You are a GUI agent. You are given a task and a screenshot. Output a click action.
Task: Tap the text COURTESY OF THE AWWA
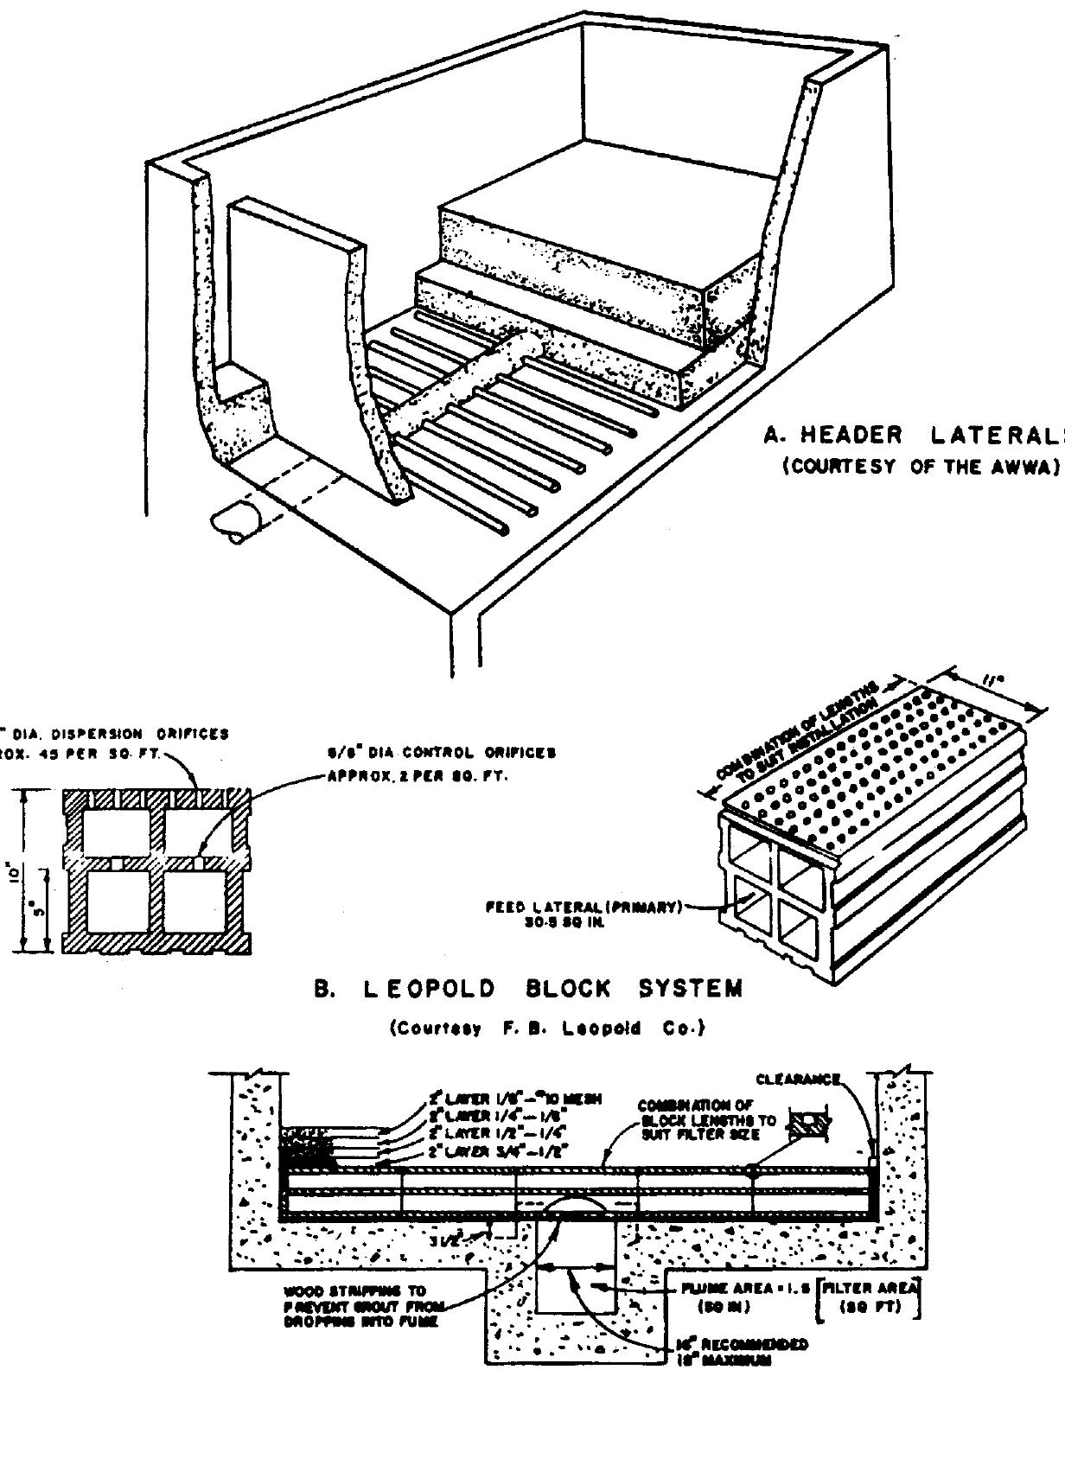coord(921,466)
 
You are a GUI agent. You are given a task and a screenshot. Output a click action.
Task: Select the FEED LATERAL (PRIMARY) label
coord(584,908)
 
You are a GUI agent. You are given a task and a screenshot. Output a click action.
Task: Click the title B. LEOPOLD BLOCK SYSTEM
coord(527,989)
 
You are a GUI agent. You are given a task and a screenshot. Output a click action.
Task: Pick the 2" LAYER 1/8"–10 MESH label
coord(514,1099)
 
